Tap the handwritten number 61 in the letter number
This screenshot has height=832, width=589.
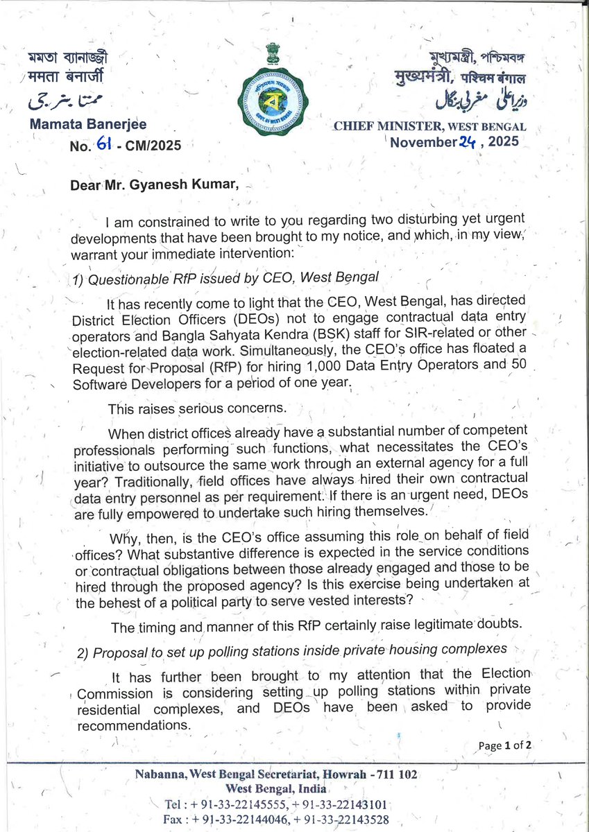tap(105, 146)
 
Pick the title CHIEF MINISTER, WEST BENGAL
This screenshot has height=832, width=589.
tap(429, 127)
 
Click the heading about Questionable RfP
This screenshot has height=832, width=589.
tap(225, 278)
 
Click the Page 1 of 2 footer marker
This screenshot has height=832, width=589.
tap(505, 746)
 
